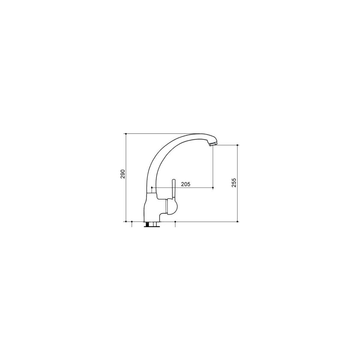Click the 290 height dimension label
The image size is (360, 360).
click(122, 174)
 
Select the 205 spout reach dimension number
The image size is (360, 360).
click(185, 184)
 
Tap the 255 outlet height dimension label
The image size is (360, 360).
click(234, 182)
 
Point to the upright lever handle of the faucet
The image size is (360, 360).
click(174, 189)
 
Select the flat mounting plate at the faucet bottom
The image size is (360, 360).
click(151, 226)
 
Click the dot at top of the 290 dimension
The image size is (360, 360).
click(126, 134)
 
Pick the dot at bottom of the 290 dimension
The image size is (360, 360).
click(126, 222)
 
